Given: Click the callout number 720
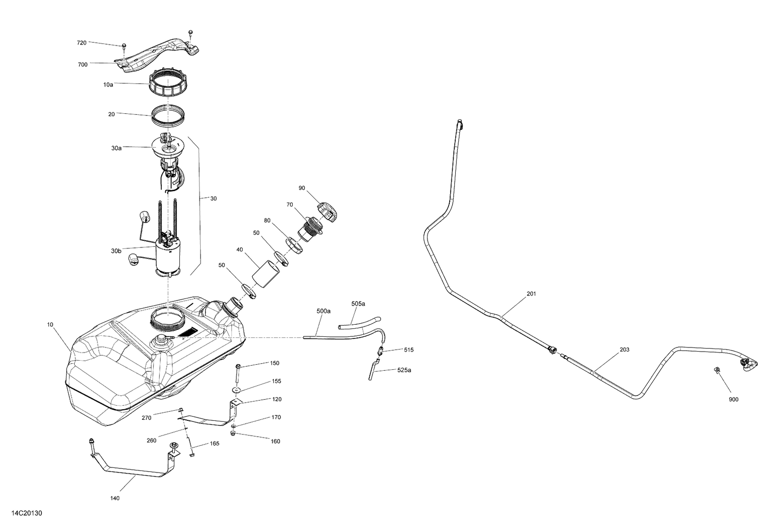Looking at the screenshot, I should (81, 43).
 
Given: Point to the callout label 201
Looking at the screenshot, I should (531, 294).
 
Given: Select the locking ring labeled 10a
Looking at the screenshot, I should (167, 84).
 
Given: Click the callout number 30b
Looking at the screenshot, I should (116, 251).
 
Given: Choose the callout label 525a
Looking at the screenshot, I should (404, 370).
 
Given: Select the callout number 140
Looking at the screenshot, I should (115, 498).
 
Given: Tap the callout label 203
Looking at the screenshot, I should (624, 350).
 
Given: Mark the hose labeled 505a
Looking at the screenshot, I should (359, 324).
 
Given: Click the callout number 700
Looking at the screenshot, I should (82, 64).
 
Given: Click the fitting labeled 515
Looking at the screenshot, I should (382, 350).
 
